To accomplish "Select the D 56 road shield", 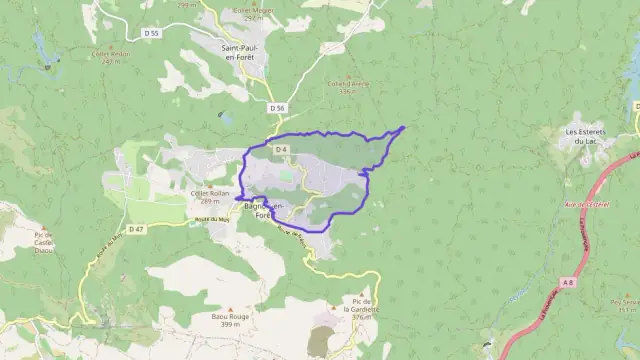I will pos(278,107).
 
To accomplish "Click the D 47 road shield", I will pos(137,229).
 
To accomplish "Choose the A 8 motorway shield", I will pos(568,283).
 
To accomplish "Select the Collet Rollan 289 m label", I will pos(210,196).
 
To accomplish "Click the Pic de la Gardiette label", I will pos(359,305).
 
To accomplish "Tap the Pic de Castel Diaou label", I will pos(43,244).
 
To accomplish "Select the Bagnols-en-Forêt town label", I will pos(264,210).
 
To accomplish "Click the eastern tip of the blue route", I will pos(403,127).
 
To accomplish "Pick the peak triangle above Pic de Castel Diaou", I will pos(44,227).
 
